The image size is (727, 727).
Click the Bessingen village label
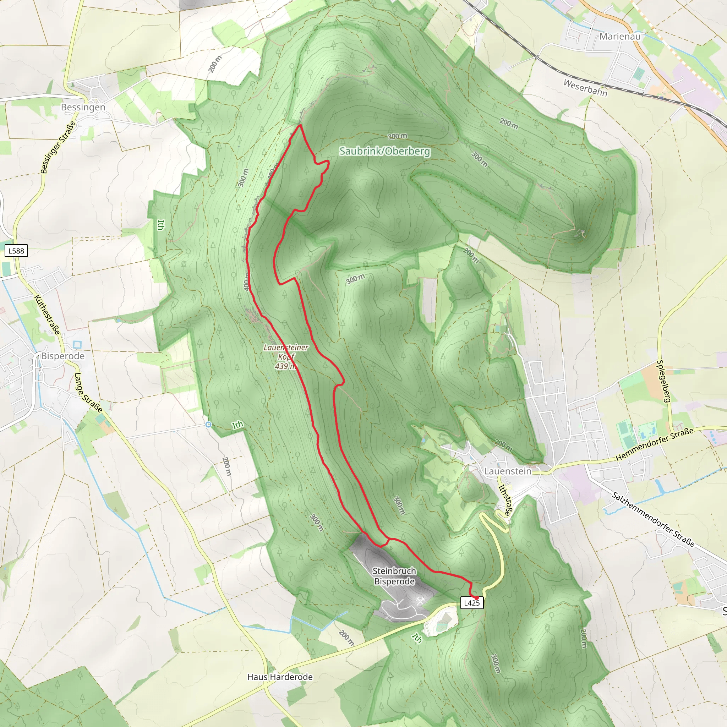click(x=83, y=107)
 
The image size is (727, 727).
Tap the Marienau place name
click(x=620, y=37)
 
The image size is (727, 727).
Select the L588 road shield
click(x=16, y=251)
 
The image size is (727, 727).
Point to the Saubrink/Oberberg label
click(x=384, y=151)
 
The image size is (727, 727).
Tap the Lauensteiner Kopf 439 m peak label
click(x=286, y=357)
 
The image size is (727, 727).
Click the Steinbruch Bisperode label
click(x=394, y=576)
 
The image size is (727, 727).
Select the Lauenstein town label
click(x=508, y=471)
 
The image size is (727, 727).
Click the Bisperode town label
click(x=63, y=356)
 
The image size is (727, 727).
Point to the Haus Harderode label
click(x=280, y=677)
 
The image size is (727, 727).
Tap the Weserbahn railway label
click(x=585, y=88)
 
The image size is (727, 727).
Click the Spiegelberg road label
click(x=664, y=381)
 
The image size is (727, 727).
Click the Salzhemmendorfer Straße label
click(x=653, y=519)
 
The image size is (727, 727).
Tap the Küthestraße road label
click(x=47, y=315)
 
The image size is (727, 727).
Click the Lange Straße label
click(x=88, y=393)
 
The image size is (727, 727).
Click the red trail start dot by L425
click(x=476, y=597)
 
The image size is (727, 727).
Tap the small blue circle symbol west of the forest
click(x=208, y=425)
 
